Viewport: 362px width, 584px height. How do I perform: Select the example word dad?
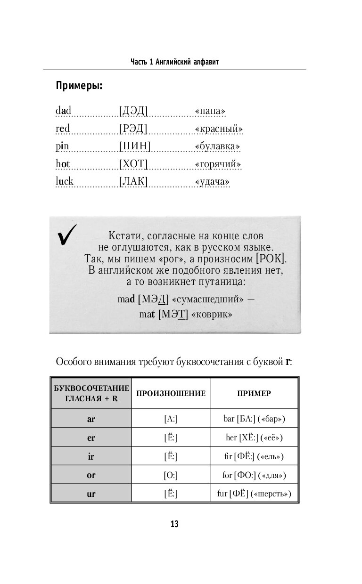tap(63, 111)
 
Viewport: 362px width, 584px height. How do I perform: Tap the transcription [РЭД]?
tap(133, 129)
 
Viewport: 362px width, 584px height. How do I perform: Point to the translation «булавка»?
tap(217, 146)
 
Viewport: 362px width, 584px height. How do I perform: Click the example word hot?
tap(63, 164)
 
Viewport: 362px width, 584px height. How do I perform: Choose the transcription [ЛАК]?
tap(133, 181)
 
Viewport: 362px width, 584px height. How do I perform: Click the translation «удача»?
tap(213, 182)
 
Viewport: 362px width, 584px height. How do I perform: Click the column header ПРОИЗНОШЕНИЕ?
tap(171, 393)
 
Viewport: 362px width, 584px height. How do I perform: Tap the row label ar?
tap(91, 419)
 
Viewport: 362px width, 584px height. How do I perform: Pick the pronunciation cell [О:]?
tap(170, 475)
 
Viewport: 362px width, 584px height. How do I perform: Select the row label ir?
tap(91, 456)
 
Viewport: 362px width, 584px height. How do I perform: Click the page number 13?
tap(174, 524)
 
